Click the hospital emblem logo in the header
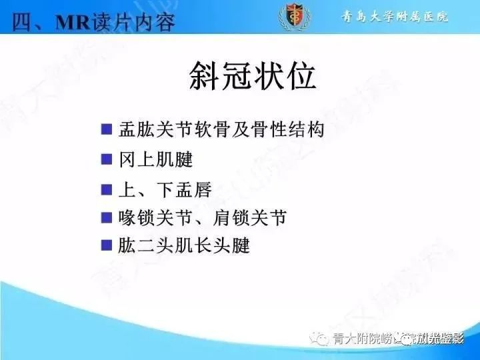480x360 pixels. (x=291, y=17)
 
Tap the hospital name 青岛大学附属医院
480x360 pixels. (x=391, y=16)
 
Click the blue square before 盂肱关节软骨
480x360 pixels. (x=106, y=129)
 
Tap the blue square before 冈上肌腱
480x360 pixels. (x=106, y=159)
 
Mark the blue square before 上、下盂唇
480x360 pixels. (x=106, y=189)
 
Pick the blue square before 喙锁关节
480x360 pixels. (x=106, y=217)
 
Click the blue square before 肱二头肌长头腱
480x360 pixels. (x=106, y=245)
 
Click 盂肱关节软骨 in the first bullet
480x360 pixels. (x=174, y=129)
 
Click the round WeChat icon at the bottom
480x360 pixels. (x=322, y=339)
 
